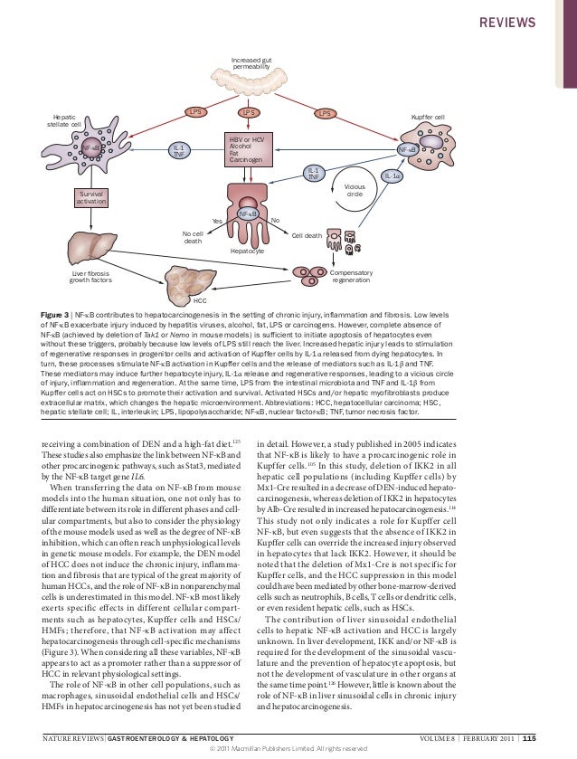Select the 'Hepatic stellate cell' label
(64, 120)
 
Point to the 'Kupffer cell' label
(427, 118)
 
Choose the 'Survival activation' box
(91, 197)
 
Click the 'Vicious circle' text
(355, 190)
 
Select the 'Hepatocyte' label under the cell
(247, 251)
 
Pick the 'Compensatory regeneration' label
(350, 276)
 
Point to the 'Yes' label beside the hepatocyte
(216, 221)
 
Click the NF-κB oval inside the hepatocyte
(248, 213)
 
